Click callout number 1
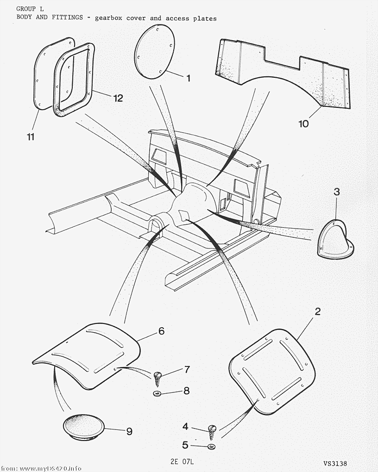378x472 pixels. click(x=188, y=78)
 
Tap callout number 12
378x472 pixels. click(x=118, y=98)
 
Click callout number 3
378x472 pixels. click(x=337, y=192)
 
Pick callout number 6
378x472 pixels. click(x=161, y=331)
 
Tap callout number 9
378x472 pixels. click(x=129, y=431)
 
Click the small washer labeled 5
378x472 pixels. click(x=212, y=447)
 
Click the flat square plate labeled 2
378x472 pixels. click(x=272, y=371)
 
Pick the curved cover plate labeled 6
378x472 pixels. click(x=93, y=354)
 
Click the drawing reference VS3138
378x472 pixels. click(x=336, y=463)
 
